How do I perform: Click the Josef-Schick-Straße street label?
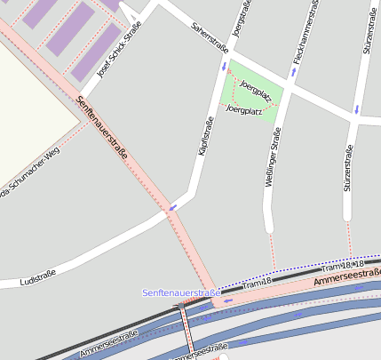pyautogui.click(x=120, y=56)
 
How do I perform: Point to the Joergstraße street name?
pyautogui.click(x=238, y=20)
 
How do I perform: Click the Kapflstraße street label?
pyautogui.click(x=205, y=139)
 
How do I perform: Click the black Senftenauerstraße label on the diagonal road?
pyautogui.click(x=103, y=129)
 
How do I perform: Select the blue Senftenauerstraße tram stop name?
pyautogui.click(x=181, y=292)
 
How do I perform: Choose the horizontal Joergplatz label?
pyautogui.click(x=245, y=110)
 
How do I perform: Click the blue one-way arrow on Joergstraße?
pyautogui.click(x=224, y=66)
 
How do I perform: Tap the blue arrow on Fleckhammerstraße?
pyautogui.click(x=293, y=71)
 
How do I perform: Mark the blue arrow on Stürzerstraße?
pyautogui.click(x=356, y=109)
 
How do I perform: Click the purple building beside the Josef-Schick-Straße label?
pyautogui.click(x=96, y=51)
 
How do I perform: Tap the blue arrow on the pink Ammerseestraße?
pyautogui.click(x=229, y=300)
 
